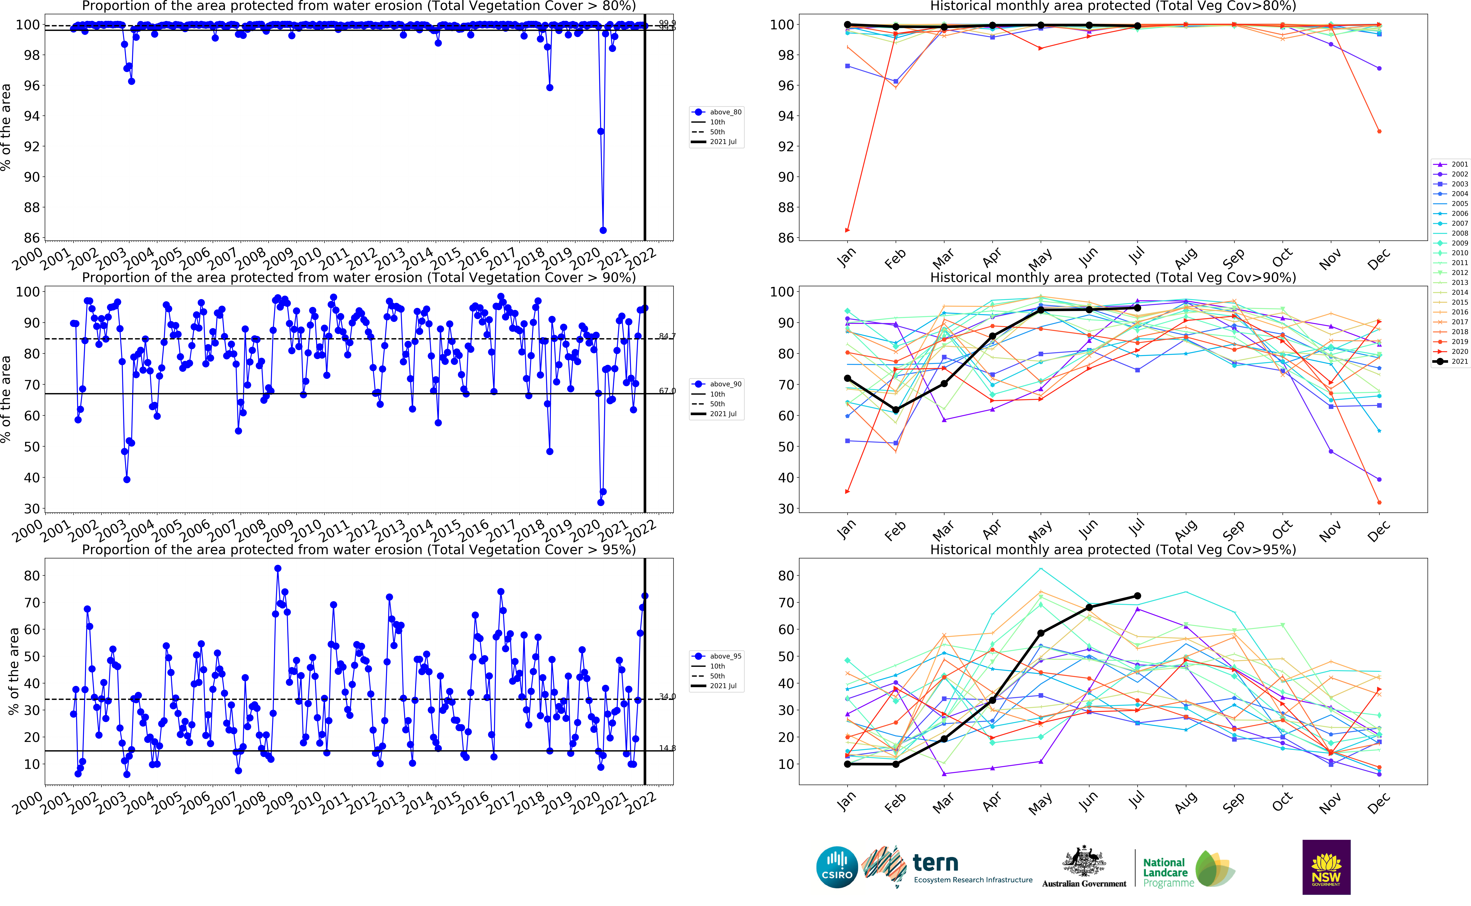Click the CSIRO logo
tap(837, 867)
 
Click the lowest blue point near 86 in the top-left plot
tap(603, 230)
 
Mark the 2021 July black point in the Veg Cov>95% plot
tap(1137, 596)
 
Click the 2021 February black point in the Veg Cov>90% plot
tap(896, 410)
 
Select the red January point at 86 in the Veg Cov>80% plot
tap(847, 230)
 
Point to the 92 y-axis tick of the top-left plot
tap(31, 146)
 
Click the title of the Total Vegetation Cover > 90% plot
tap(358, 277)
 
